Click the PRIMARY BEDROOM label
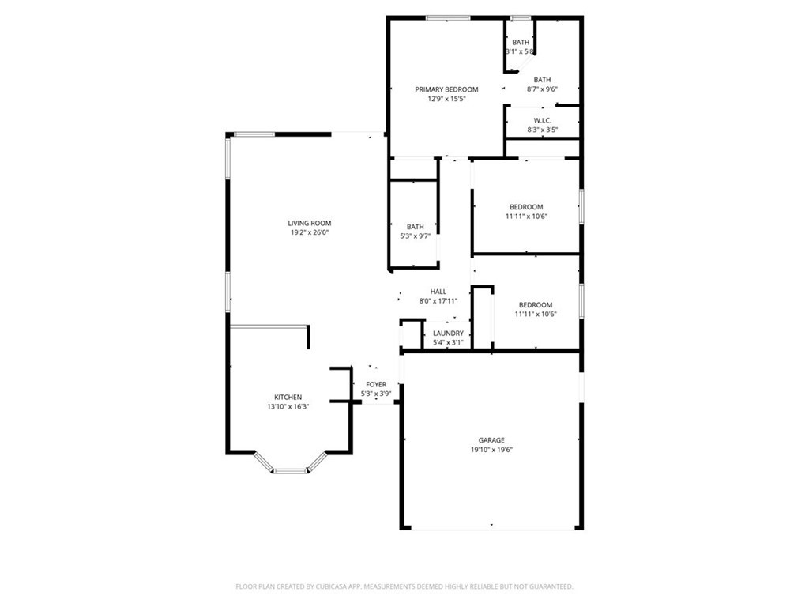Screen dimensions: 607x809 (446, 89)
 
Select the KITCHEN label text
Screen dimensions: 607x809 (288, 397)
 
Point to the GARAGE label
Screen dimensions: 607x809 (491, 440)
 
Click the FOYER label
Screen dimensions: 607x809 (376, 384)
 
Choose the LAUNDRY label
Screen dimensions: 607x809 (448, 334)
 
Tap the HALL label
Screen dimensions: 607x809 (438, 292)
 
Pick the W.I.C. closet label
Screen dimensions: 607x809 (542, 120)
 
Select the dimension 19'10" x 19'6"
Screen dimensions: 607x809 (491, 450)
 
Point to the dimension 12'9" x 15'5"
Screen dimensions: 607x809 (446, 99)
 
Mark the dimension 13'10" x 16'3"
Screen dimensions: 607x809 (288, 406)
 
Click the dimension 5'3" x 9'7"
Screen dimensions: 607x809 (415, 236)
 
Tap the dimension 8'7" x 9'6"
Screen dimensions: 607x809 (542, 89)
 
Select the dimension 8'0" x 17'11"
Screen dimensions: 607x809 (438, 301)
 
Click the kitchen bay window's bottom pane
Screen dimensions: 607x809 (290, 471)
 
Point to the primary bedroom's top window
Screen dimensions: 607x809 (448, 17)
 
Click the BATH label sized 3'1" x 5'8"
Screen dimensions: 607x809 (521, 42)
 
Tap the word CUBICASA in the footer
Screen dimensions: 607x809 (321, 586)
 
